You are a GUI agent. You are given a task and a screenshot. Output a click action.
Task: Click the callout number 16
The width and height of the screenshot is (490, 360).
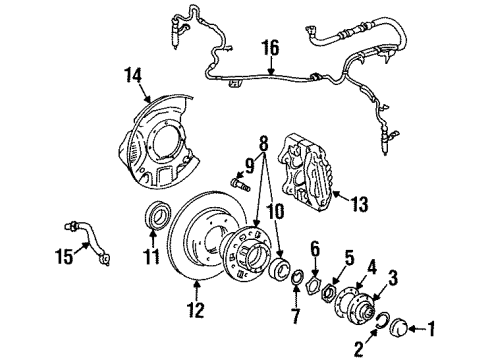pos(268,47)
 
